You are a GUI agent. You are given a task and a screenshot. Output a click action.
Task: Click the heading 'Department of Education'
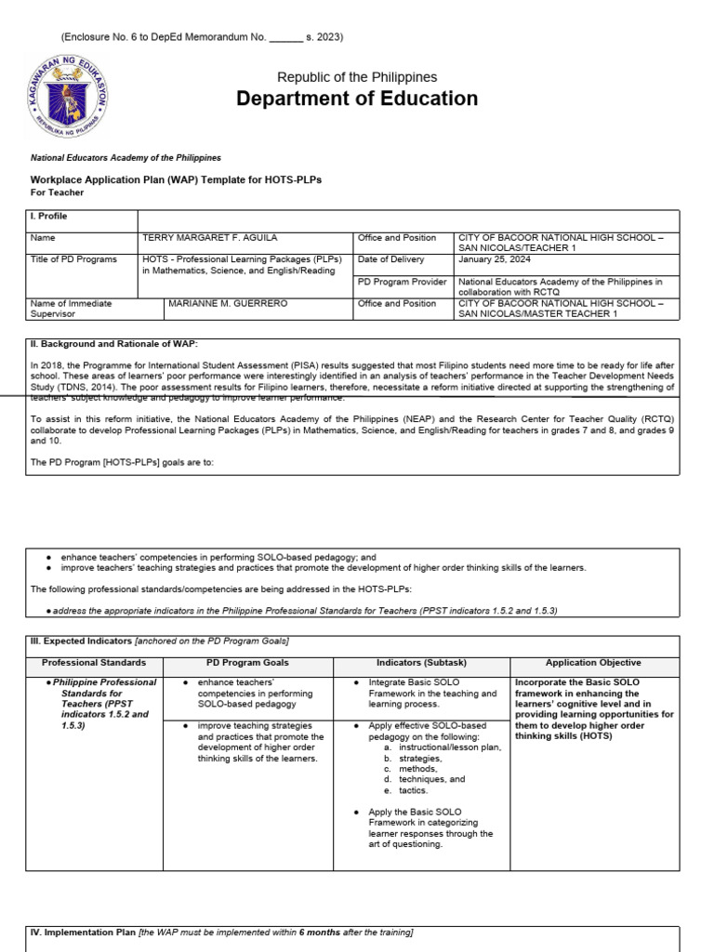[357, 99]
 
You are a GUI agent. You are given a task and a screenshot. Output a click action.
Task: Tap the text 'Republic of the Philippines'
[357, 77]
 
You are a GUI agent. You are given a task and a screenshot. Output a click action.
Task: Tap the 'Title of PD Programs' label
[70, 259]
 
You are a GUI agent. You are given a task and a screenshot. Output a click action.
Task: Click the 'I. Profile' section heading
[49, 217]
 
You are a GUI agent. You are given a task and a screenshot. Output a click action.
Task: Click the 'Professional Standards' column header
[94, 663]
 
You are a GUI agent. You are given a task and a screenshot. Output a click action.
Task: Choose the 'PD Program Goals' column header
[247, 663]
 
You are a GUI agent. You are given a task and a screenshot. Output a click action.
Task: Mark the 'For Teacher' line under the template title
[58, 192]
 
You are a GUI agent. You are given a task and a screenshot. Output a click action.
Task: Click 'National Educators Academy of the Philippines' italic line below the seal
[126, 158]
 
